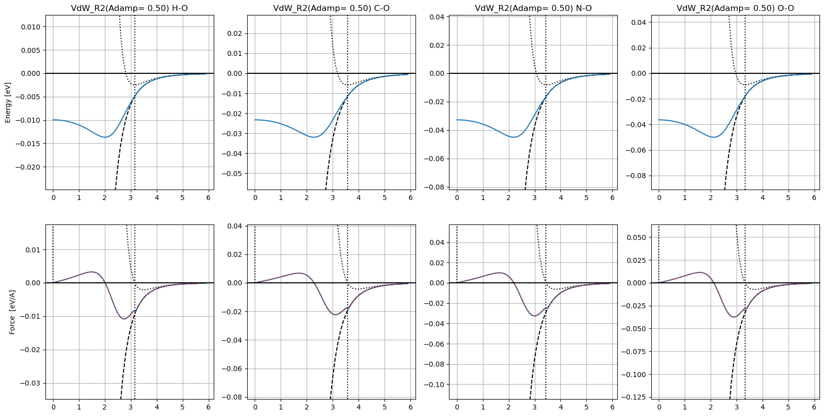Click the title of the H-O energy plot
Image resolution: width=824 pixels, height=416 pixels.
[x=129, y=8]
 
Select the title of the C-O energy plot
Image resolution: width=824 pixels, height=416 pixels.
[x=331, y=8]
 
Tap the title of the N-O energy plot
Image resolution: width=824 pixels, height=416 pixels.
[x=533, y=8]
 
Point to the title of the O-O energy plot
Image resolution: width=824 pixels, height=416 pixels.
[x=735, y=8]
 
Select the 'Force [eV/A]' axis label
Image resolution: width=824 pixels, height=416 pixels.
[x=12, y=312]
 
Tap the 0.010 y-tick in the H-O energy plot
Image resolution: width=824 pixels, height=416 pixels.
[x=30, y=27]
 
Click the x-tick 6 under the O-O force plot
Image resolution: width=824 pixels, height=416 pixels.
[x=815, y=407]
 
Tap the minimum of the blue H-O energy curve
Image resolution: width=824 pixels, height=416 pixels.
[x=105, y=137]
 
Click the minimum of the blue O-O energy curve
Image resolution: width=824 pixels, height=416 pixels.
[x=714, y=137]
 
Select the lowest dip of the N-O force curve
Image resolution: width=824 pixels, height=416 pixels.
[x=535, y=316]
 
